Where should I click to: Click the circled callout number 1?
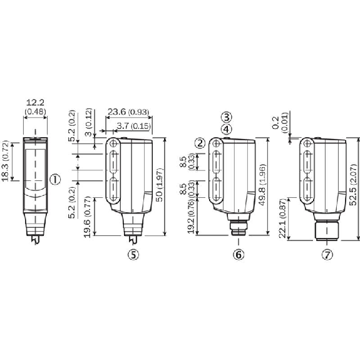(55, 180)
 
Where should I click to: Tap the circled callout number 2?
(200, 143)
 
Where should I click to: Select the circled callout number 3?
(227, 117)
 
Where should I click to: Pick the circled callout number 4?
(227, 130)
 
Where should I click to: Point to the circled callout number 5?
(133, 254)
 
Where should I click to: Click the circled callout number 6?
(239, 254)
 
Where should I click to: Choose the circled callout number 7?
(327, 254)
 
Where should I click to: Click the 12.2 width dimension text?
(35, 103)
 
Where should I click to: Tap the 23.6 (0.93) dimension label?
(128, 112)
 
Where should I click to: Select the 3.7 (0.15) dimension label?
(133, 126)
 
